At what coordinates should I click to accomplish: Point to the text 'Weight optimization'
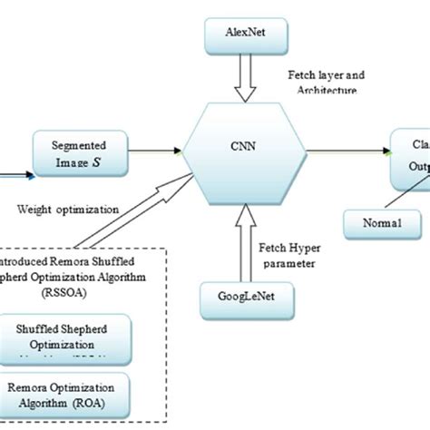(x=68, y=209)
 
